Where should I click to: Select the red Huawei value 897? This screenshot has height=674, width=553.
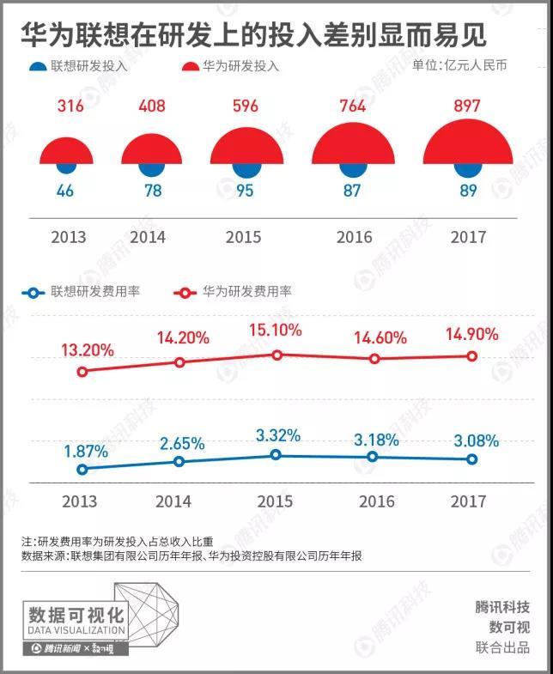tap(468, 106)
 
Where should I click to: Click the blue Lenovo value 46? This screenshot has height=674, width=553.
tap(65, 191)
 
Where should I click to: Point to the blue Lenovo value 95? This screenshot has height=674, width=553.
tap(245, 191)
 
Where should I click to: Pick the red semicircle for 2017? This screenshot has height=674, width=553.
tap(468, 144)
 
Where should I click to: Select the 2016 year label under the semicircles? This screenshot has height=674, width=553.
tap(354, 237)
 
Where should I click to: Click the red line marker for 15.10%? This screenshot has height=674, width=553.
tap(276, 355)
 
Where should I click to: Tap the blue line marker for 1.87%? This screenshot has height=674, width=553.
tap(82, 470)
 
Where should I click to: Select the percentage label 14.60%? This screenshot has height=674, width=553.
tap(380, 338)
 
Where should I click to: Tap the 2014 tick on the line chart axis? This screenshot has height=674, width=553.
tap(174, 501)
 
